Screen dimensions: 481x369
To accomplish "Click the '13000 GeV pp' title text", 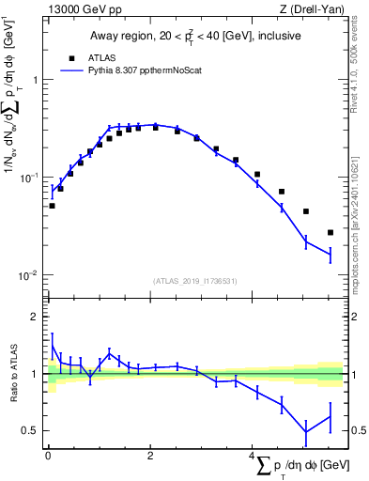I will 82,9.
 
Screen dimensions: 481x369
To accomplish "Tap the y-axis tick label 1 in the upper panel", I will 36,80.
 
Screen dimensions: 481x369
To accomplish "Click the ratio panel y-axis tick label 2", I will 36,317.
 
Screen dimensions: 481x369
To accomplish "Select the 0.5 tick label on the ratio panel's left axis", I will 32,431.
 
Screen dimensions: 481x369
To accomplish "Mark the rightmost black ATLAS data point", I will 331,232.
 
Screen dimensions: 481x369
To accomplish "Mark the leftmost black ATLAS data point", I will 52,205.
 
